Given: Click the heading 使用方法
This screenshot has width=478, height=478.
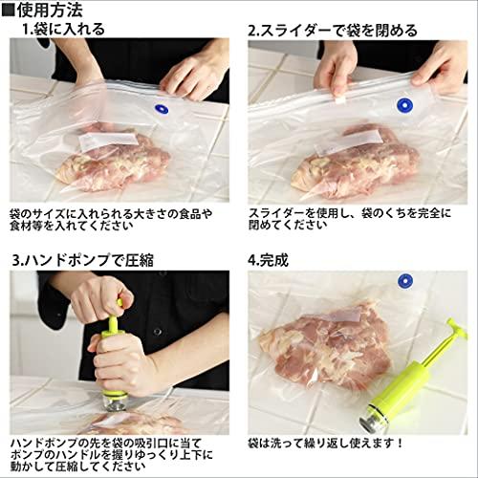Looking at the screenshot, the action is coord(50,10).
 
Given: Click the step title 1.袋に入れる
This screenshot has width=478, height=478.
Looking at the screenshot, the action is coord(63,29).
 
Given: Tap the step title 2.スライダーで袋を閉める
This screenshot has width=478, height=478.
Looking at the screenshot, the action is coord(333,31).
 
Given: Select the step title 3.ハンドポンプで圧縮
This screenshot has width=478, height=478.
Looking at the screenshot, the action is coord(83,260).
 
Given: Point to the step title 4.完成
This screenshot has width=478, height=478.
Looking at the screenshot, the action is coord(268,260).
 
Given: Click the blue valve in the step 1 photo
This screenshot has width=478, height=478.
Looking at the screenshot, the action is coord(162,109).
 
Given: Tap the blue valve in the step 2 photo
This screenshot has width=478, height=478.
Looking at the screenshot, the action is coord(404,105).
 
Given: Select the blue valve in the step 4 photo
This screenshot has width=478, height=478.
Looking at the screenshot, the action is coord(405,281).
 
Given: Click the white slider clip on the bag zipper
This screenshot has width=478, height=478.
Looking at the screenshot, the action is coord(340,100).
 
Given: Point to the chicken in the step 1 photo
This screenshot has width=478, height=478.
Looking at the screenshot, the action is coord(113,160).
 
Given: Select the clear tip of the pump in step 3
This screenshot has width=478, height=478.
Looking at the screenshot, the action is coord(114,402).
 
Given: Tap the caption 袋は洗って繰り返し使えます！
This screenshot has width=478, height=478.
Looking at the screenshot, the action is coord(326,443).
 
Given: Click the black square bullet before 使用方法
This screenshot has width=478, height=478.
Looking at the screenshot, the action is coord(8,10).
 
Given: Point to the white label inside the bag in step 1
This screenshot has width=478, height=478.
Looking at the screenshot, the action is coord(108,141).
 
